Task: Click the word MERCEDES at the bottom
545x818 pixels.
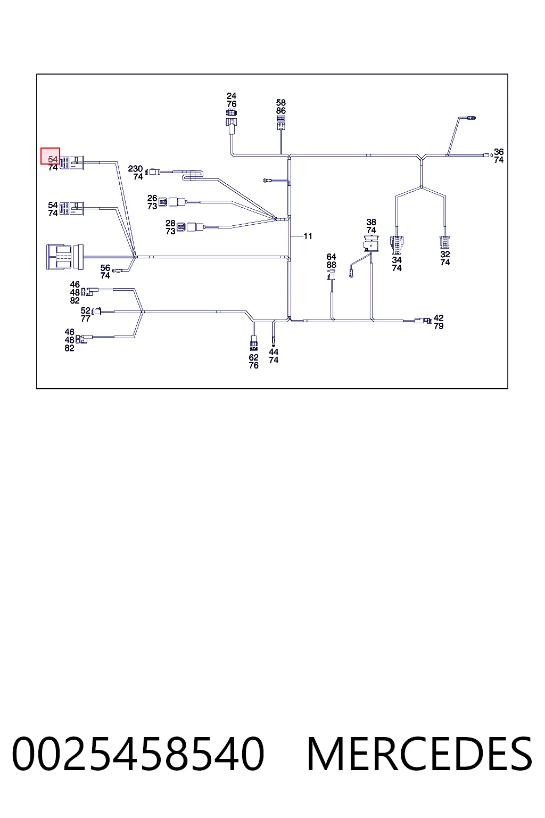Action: pos(419,755)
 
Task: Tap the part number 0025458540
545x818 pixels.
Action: pos(138,755)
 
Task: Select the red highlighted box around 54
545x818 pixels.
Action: pos(51,156)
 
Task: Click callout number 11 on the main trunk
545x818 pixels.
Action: pos(308,236)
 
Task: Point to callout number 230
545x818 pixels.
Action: pos(135,169)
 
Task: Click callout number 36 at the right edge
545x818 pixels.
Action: pos(499,152)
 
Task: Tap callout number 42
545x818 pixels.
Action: pos(439,318)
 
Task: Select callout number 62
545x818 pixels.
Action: pos(253,357)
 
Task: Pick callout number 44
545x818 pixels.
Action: pos(274,351)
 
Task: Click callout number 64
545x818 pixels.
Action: pos(331,257)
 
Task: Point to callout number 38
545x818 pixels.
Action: pos(371,222)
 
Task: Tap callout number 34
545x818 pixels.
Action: pos(397,260)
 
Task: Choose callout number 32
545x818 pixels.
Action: pos(445,254)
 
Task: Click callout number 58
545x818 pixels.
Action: pos(280,103)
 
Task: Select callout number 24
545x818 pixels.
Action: pos(232,96)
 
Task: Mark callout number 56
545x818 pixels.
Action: pos(105,268)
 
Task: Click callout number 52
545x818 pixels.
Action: pos(85,311)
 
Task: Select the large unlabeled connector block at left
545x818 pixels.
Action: pos(65,257)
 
